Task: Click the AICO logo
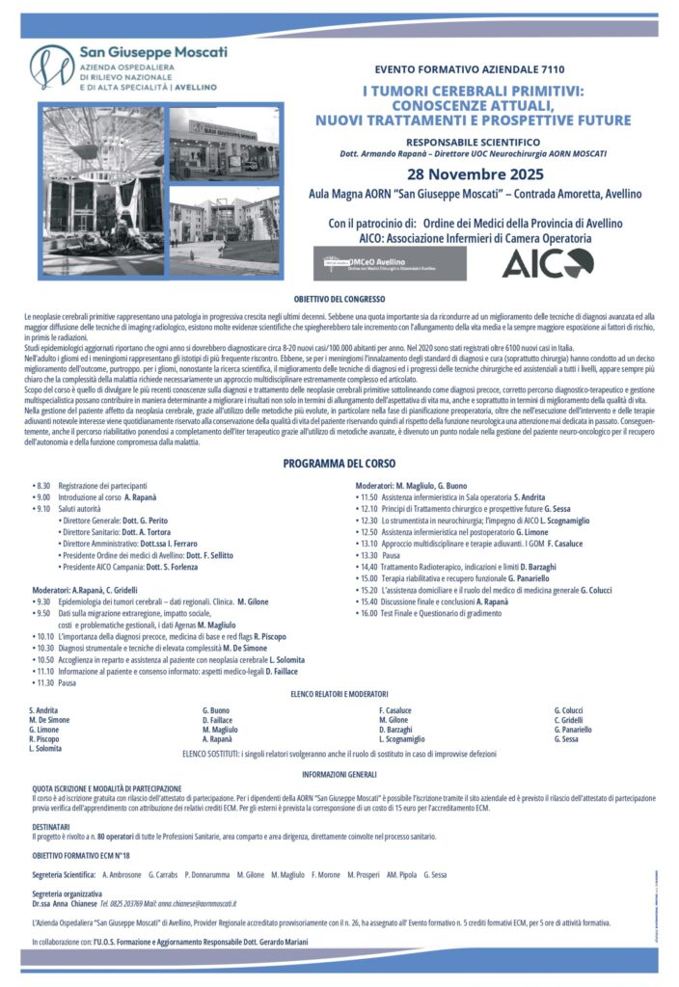(x=548, y=262)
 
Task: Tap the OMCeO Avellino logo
(x=391, y=262)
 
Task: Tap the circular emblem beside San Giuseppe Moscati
(x=51, y=68)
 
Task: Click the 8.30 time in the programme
(x=42, y=485)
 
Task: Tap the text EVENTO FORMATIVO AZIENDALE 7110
(x=471, y=69)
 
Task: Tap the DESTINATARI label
(x=50, y=826)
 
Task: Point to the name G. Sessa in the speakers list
(x=566, y=738)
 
